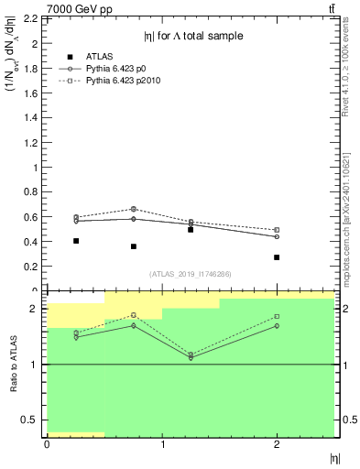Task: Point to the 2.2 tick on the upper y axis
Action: (29, 19)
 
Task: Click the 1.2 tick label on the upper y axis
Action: (29, 143)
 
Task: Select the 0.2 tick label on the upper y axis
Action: (29, 267)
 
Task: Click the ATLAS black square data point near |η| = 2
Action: (277, 257)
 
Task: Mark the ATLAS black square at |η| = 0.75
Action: (134, 246)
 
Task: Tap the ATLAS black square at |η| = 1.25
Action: (191, 230)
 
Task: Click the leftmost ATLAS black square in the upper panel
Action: (76, 241)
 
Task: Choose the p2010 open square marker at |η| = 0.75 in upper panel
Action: (134, 209)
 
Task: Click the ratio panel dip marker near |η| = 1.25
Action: (191, 356)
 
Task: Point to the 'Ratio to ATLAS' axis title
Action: (14, 364)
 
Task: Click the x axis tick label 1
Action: (162, 445)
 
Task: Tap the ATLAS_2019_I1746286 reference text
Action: (190, 274)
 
